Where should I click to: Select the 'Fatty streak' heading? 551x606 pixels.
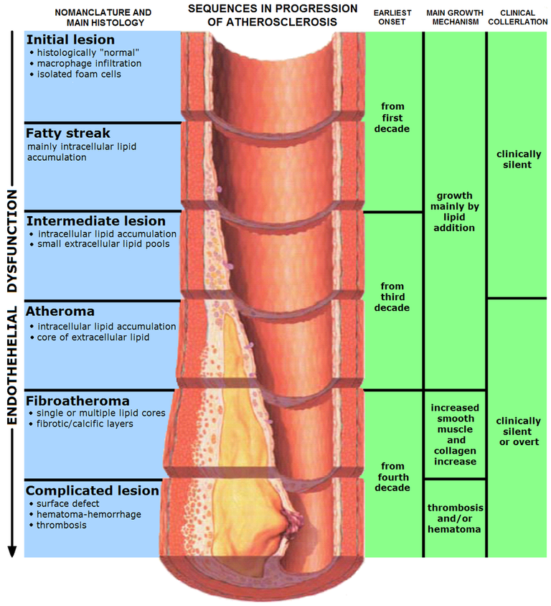tap(68, 134)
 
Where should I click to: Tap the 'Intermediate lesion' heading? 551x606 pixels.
tap(95, 221)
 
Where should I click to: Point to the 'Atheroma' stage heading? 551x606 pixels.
tap(60, 312)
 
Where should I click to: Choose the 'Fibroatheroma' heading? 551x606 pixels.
tap(77, 401)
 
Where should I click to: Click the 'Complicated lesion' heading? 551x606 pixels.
tap(92, 491)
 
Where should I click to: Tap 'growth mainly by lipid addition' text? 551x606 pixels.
tap(455, 211)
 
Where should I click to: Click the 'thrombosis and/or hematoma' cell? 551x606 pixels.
tap(455, 518)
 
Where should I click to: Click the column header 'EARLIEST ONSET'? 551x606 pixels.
tap(393, 17)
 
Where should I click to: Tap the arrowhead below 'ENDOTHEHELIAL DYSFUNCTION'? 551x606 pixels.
tap(12, 551)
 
